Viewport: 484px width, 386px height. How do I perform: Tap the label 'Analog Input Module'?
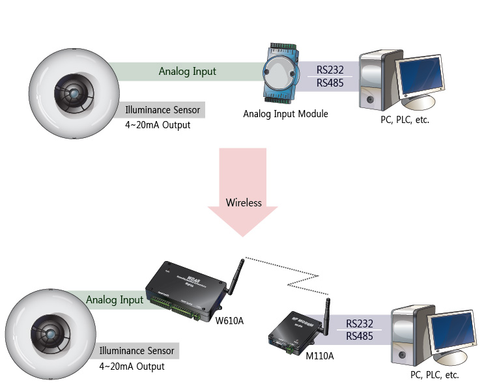pyautogui.click(x=285, y=114)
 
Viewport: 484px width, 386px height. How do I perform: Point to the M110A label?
pyautogui.click(x=319, y=356)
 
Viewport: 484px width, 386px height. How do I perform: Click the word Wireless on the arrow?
pyautogui.click(x=244, y=202)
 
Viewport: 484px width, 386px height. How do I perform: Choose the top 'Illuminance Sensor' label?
pyautogui.click(x=163, y=109)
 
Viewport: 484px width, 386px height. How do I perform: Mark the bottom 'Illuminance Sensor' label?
pyautogui.click(x=137, y=351)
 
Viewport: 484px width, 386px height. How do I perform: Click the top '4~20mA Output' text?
pyautogui.click(x=158, y=125)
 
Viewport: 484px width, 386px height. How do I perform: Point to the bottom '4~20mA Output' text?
pyautogui.click(x=132, y=366)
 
